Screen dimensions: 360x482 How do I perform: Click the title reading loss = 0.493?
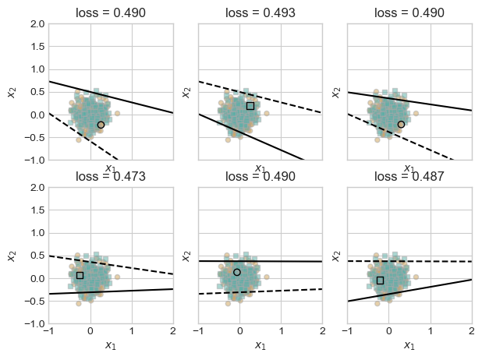[260, 12]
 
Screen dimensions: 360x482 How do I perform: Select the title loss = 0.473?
[110, 176]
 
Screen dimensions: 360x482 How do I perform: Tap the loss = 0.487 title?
[409, 176]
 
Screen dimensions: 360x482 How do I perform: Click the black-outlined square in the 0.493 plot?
[250, 105]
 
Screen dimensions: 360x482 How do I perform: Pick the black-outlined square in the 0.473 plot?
[80, 275]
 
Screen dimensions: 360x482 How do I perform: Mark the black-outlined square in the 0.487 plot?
[380, 280]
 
